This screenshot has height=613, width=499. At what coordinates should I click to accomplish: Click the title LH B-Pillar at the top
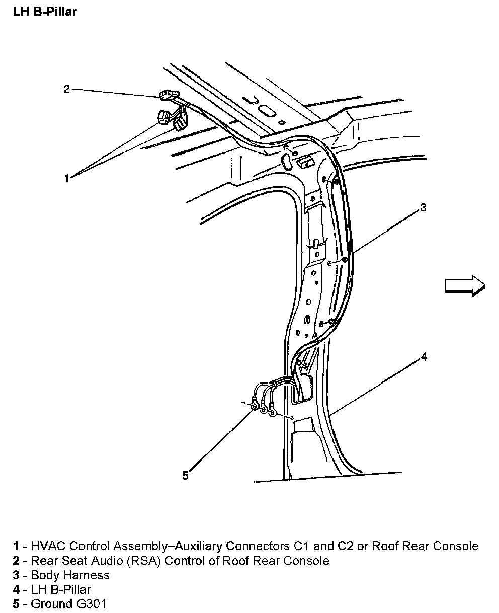point(45,11)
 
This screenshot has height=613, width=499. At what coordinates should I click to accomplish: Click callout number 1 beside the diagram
point(66,178)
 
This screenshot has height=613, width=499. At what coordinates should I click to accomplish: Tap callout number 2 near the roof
point(66,89)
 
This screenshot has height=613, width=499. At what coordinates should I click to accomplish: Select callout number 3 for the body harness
point(423,207)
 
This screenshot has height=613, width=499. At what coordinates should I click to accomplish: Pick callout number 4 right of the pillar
point(424,357)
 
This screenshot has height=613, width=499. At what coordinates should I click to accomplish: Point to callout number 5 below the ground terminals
point(185,475)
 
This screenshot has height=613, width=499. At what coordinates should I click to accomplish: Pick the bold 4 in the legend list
point(17,589)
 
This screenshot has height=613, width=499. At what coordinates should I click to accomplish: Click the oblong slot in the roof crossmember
point(266,110)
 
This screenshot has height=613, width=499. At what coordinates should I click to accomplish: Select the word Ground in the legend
point(48,604)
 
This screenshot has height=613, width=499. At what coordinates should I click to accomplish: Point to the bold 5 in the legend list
point(17,604)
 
